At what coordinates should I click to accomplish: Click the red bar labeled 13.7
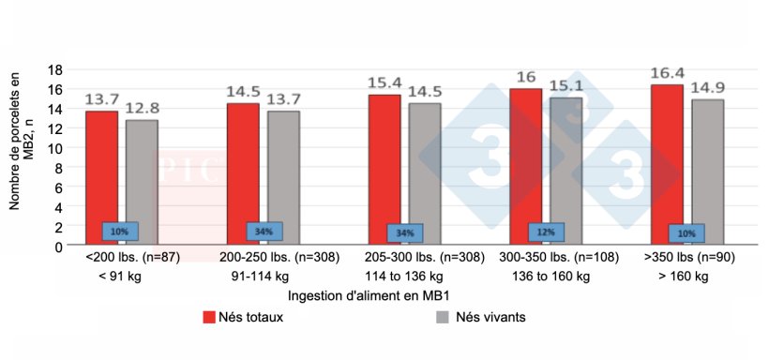102,178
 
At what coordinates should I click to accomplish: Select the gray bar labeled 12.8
142,183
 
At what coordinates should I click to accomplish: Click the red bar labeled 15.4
384,170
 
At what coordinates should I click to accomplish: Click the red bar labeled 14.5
243,174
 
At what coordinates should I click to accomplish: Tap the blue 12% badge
546,232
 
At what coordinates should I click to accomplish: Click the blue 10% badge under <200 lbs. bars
120,231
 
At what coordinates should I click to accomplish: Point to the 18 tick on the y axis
54,69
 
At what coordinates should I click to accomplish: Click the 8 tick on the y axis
58,168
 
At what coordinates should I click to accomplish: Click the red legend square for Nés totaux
210,317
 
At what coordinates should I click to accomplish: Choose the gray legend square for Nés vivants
445,317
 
